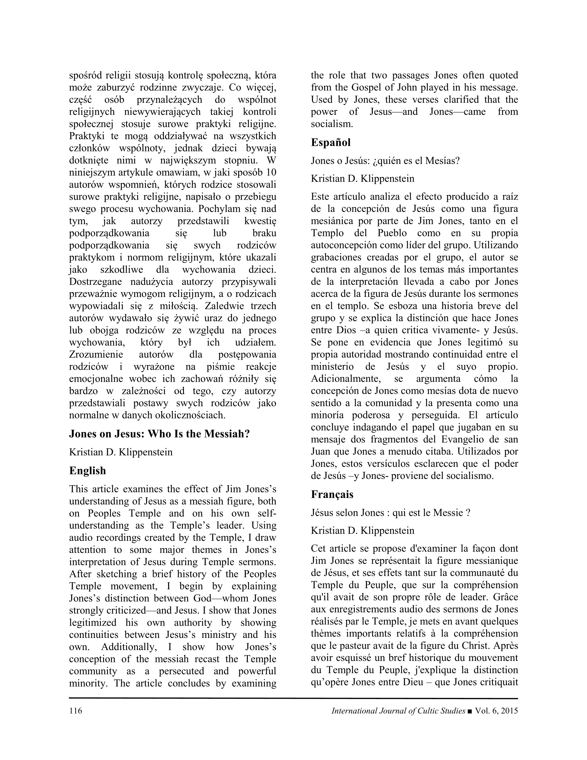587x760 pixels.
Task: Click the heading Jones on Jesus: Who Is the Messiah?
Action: coord(159,434)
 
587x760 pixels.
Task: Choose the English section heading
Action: coord(87,470)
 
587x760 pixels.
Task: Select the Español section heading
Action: coord(331,142)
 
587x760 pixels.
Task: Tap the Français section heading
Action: coord(332,494)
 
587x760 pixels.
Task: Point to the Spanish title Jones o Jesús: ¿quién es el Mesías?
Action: coord(385,161)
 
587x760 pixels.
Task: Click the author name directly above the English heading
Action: coord(121,452)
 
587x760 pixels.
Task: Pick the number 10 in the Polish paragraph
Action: coord(271,172)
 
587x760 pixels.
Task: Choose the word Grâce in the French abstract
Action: coord(505,597)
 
